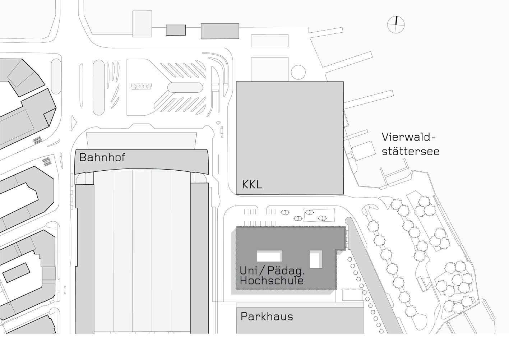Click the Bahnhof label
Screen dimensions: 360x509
(102, 157)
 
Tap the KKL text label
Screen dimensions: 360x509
(252, 185)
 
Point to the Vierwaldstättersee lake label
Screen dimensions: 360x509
(410, 144)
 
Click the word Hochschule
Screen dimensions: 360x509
(272, 281)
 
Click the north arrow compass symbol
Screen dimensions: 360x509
(396, 24)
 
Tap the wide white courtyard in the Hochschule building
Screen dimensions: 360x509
(269, 256)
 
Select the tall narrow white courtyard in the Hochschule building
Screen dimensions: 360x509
(316, 260)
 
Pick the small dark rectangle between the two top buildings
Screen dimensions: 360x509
(176, 30)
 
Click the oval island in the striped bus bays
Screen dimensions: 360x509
(185, 88)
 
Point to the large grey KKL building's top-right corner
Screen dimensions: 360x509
(343, 82)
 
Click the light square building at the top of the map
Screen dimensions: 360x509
(142, 24)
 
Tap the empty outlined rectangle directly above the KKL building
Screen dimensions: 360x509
(269, 41)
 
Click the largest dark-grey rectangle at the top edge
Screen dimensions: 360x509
(219, 31)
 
